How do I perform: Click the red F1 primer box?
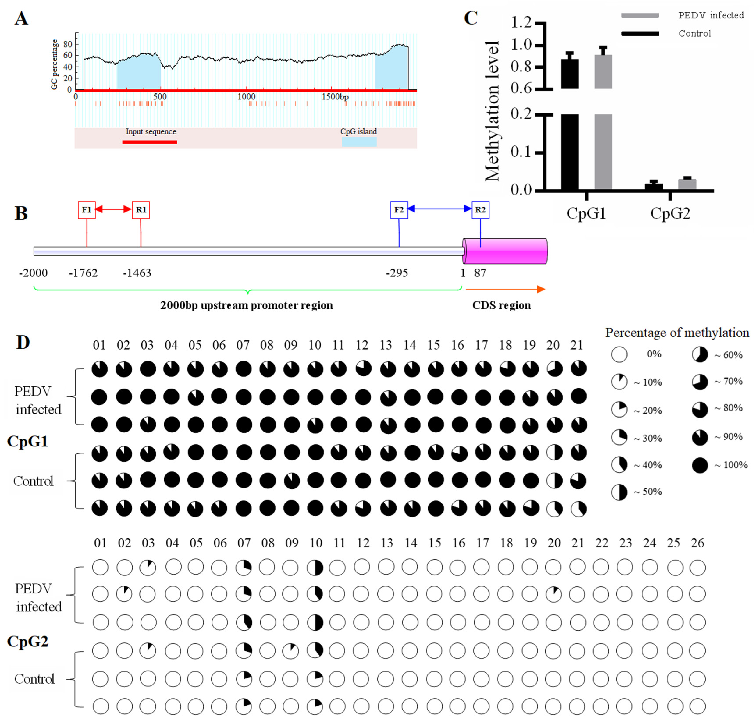click(x=86, y=210)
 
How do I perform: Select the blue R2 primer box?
click(x=480, y=210)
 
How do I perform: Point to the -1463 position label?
click(x=137, y=273)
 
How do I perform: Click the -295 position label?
click(x=397, y=273)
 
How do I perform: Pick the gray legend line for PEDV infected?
click(x=640, y=15)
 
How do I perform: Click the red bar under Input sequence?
click(x=149, y=142)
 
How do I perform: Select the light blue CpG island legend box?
click(x=359, y=142)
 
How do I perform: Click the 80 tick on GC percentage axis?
click(x=68, y=44)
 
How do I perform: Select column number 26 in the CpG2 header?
click(x=697, y=543)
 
